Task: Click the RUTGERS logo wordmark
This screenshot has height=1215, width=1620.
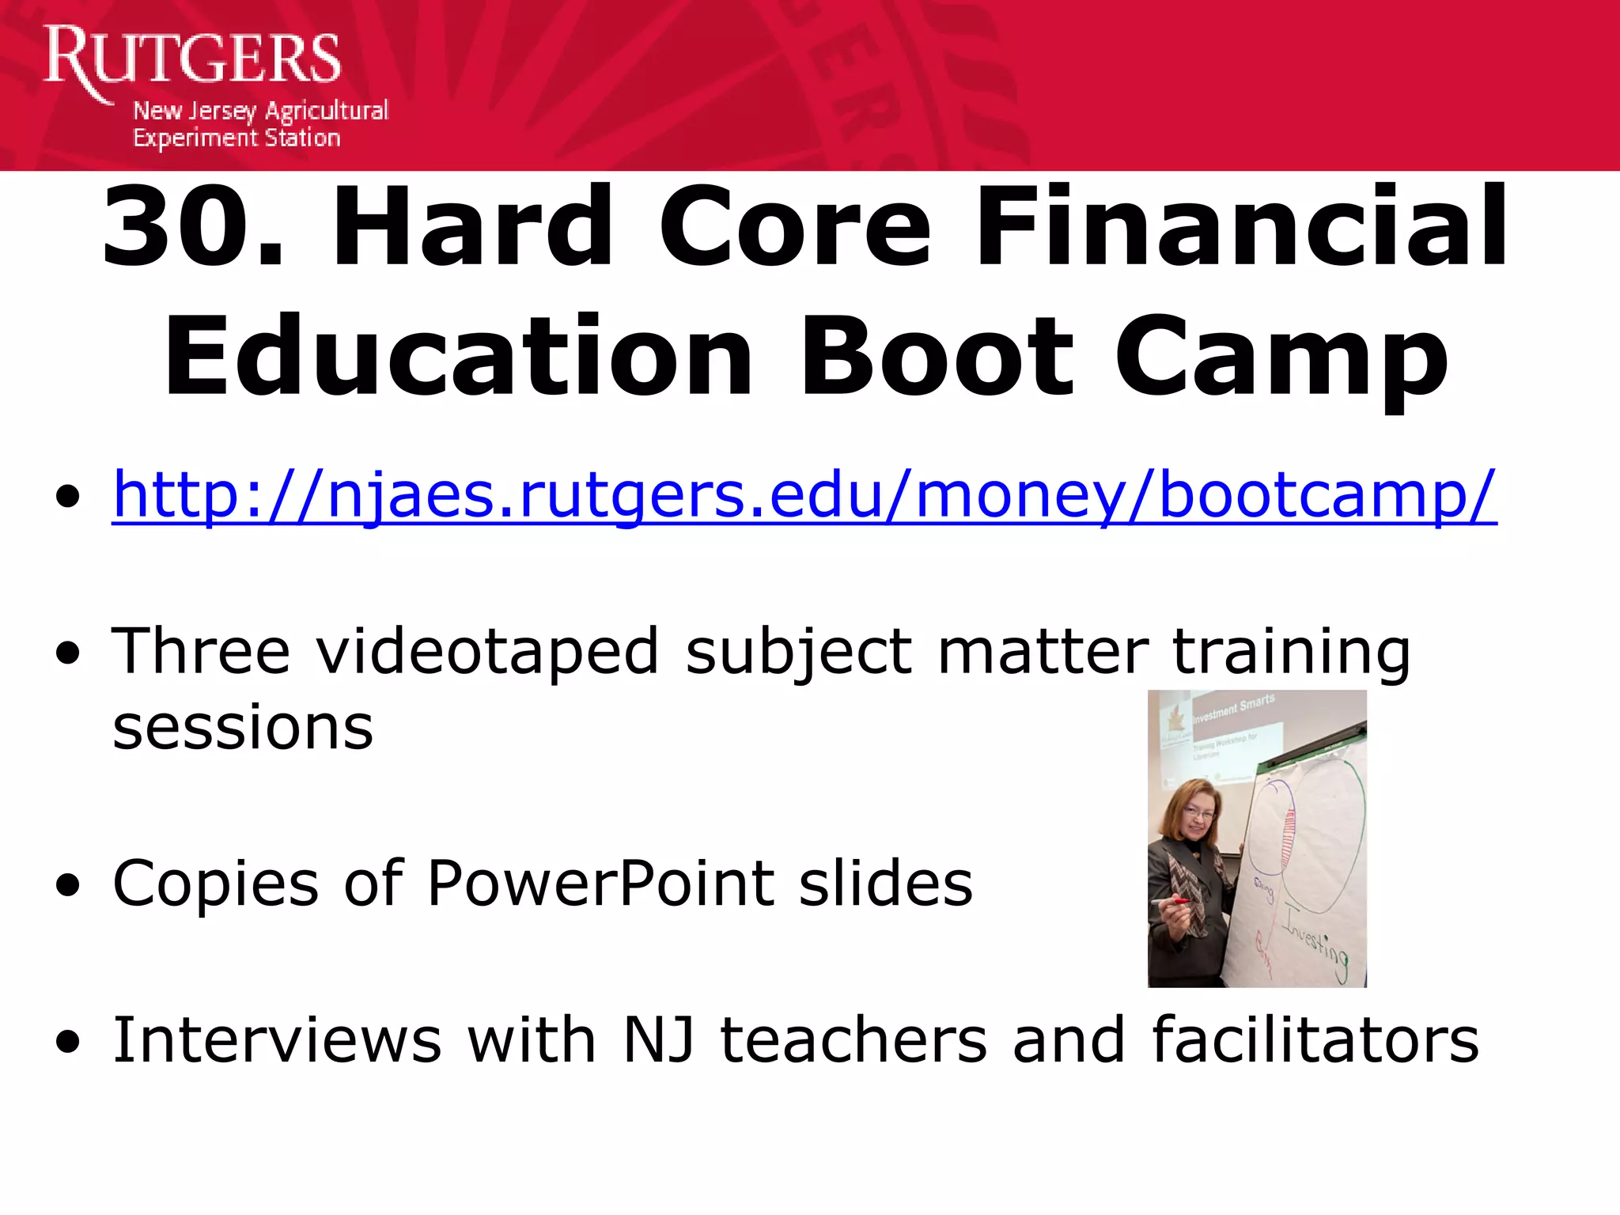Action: (192, 57)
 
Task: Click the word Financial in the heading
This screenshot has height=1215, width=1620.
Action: (1242, 228)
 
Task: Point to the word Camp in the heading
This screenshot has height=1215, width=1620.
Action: (1281, 358)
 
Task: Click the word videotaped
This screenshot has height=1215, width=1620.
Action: (487, 651)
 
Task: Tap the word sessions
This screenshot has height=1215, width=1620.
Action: (243, 728)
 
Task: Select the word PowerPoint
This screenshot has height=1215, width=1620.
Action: (601, 883)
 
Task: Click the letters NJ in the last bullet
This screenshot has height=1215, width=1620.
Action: (659, 1039)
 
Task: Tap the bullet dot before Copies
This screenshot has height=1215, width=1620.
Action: (69, 886)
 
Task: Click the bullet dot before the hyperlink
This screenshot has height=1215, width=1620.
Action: (69, 497)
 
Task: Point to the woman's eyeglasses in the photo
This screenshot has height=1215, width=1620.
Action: (1199, 813)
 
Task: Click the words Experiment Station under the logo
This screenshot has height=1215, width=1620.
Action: (237, 138)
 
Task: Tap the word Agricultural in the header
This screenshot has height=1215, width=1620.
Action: (326, 111)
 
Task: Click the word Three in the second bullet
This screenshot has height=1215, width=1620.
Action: (201, 651)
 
